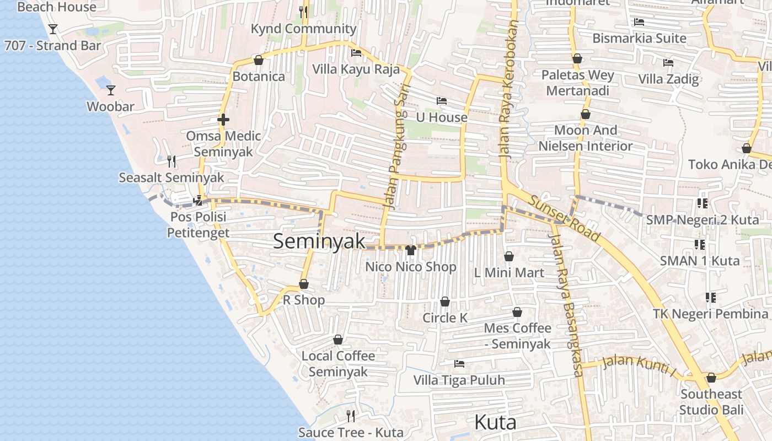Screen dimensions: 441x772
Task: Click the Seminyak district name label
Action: (319, 241)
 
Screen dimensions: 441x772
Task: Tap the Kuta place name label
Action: (495, 422)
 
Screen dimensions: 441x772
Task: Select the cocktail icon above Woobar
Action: (111, 90)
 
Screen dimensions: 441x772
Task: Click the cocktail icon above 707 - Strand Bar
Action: (53, 29)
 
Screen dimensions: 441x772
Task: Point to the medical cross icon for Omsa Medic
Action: (223, 119)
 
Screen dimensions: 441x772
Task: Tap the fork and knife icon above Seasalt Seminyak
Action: (171, 161)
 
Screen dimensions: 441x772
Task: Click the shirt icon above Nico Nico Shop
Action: (410, 250)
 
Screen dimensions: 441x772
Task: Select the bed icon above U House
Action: (442, 101)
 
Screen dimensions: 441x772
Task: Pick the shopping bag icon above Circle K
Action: (445, 302)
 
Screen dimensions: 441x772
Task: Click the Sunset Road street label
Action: (564, 218)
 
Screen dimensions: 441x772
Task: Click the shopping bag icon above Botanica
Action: (258, 60)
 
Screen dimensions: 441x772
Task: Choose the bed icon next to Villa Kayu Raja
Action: (356, 53)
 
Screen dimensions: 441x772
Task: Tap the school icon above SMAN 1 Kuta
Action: (700, 244)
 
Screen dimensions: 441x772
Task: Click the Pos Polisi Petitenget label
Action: (199, 225)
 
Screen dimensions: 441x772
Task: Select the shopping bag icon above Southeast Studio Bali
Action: (711, 378)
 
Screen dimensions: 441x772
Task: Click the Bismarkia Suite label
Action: (639, 38)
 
